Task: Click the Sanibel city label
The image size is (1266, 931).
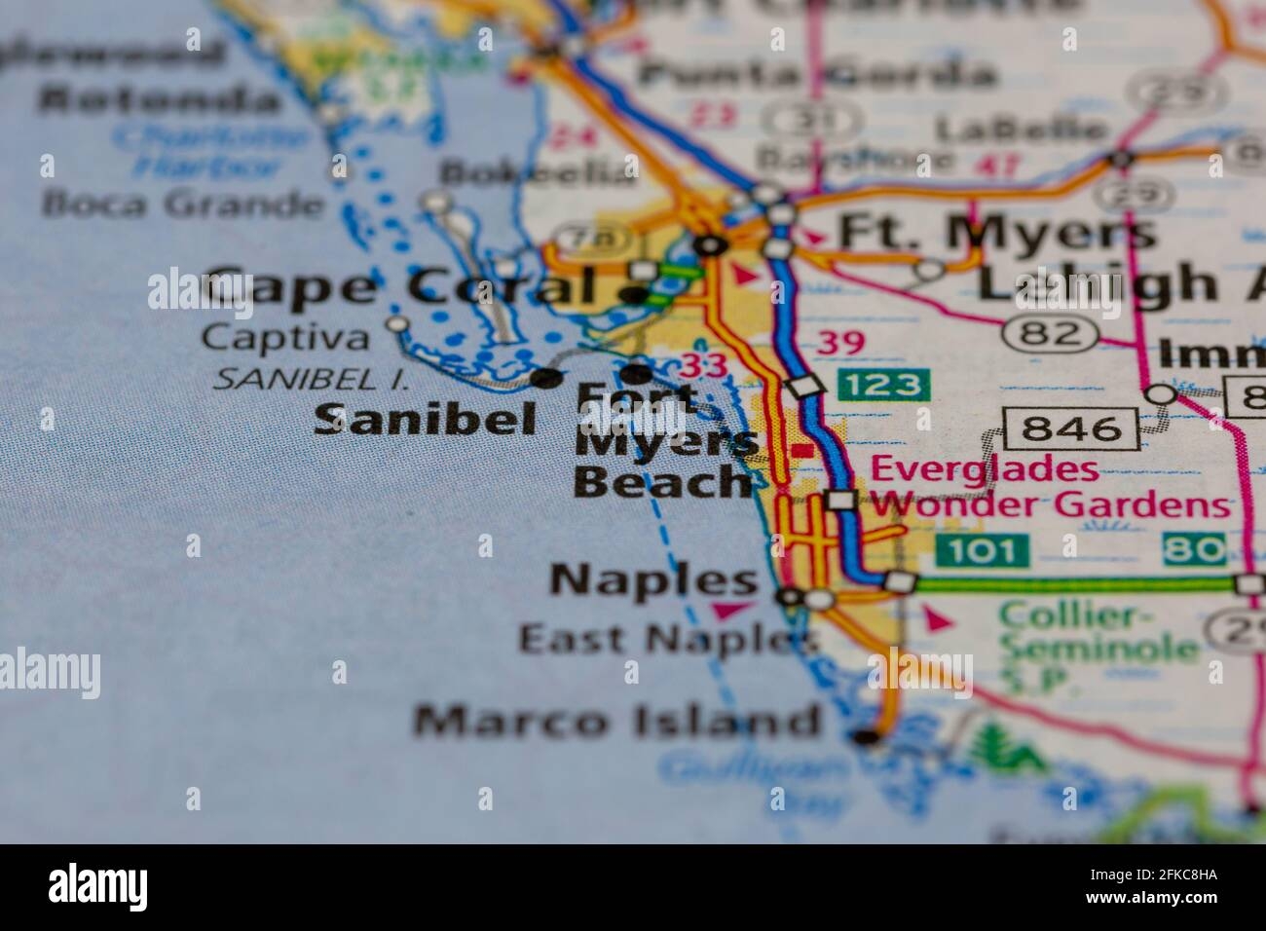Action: click(426, 419)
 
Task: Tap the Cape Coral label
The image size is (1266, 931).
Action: click(400, 286)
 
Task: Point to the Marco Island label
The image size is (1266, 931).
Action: click(617, 722)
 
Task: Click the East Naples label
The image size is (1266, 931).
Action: click(667, 639)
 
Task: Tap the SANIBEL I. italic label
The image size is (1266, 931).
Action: click(310, 379)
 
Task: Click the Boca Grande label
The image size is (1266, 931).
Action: click(182, 205)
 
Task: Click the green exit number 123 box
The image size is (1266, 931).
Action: click(883, 385)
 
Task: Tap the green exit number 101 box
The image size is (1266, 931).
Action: click(983, 551)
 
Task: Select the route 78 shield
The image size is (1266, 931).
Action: click(580, 238)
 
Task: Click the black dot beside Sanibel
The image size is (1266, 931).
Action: click(546, 378)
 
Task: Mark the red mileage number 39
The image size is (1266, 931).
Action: click(839, 343)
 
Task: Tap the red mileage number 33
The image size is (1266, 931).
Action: click(702, 366)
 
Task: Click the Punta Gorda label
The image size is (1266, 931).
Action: click(816, 73)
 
